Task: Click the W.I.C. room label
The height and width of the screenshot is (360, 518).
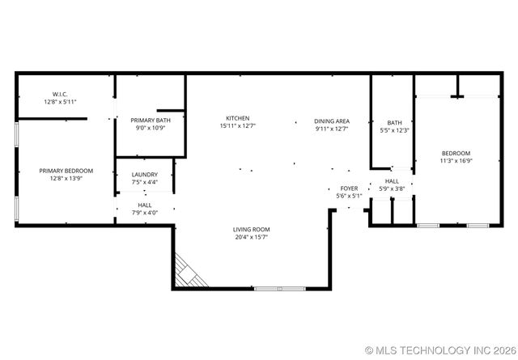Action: click(59, 94)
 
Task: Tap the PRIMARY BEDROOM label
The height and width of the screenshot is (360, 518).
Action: click(66, 171)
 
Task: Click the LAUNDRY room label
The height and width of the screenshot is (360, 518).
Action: click(145, 174)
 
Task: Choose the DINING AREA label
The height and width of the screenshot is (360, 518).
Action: click(332, 120)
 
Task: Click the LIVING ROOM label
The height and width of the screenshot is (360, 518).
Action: click(252, 230)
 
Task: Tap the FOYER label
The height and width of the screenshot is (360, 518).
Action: click(349, 188)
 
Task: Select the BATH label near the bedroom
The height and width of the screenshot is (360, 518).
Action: click(395, 123)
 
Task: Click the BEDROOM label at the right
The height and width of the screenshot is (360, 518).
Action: click(456, 153)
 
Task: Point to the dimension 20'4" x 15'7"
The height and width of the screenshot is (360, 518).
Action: click(252, 237)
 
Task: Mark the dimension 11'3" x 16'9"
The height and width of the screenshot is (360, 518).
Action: click(456, 160)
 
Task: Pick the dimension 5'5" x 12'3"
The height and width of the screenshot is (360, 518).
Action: click(395, 130)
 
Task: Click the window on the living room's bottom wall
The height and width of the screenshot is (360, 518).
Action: click(279, 289)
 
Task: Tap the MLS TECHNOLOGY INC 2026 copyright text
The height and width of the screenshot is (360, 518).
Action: click(440, 350)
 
